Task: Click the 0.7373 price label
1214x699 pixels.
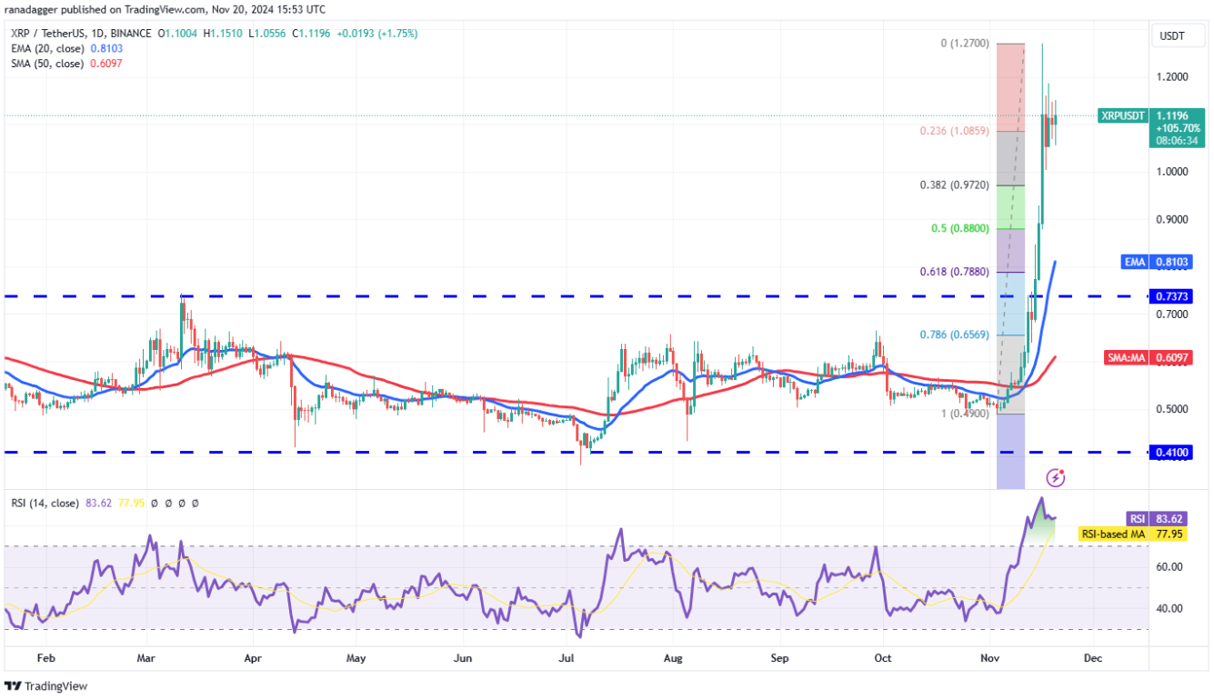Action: tap(1171, 296)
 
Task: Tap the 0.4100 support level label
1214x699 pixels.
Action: tap(1171, 452)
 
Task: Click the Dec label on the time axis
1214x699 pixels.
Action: tap(1093, 657)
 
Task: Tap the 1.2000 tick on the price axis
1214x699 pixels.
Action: tap(1171, 76)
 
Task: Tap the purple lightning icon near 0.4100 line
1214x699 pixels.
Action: tap(1056, 477)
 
